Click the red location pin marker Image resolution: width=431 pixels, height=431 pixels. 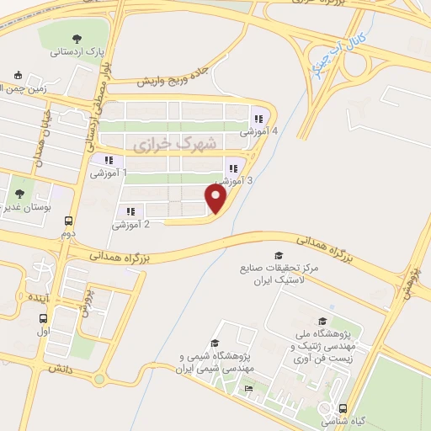pos(216,199)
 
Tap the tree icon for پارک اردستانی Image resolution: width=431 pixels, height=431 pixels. pos(77,38)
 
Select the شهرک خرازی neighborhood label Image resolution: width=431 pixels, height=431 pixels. pos(174,144)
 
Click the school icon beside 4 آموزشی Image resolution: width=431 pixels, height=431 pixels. pos(258,119)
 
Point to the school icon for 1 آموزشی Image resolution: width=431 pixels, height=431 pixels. pos(108,160)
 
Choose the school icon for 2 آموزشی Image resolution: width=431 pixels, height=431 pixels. pos(130,212)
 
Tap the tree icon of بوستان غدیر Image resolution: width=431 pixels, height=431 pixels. pos(20,194)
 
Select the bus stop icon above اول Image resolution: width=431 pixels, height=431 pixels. pos(43,318)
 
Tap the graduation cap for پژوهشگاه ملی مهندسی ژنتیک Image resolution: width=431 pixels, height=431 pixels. pos(322,321)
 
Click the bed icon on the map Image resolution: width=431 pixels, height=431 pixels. pos(248,388)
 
